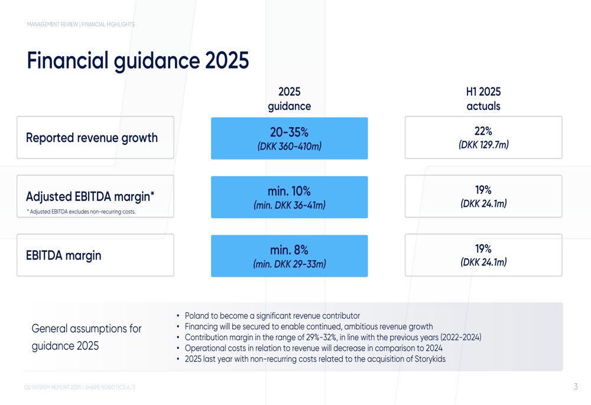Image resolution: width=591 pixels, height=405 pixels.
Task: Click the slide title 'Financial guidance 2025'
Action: click(138, 61)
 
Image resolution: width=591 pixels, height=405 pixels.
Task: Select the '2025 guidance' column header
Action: click(289, 99)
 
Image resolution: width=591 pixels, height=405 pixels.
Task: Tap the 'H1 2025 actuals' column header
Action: click(483, 99)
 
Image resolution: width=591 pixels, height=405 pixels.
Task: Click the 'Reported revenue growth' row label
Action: click(92, 138)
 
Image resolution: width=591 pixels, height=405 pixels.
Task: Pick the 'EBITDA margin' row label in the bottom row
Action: click(64, 255)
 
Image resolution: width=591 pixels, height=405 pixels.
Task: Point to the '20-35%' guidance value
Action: click(289, 132)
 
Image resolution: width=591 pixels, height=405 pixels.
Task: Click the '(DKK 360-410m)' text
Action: click(289, 146)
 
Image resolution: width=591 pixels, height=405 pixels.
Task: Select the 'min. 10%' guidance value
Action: click(289, 191)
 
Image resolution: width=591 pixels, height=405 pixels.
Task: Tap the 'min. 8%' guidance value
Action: click(289, 250)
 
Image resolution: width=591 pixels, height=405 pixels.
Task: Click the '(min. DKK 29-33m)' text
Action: click(289, 264)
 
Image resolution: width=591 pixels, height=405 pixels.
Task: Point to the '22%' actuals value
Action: click(483, 131)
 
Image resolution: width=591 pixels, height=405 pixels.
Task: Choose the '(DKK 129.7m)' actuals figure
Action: click(483, 145)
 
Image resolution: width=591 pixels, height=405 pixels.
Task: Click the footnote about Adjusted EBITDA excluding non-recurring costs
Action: click(81, 212)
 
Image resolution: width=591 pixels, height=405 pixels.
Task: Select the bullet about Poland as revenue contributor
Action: click(272, 316)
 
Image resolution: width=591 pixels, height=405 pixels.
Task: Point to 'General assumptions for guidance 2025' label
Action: click(86, 337)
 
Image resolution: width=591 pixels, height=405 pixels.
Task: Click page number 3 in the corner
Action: click(576, 387)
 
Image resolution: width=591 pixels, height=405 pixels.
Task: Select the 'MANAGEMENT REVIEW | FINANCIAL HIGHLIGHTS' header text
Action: click(81, 24)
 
